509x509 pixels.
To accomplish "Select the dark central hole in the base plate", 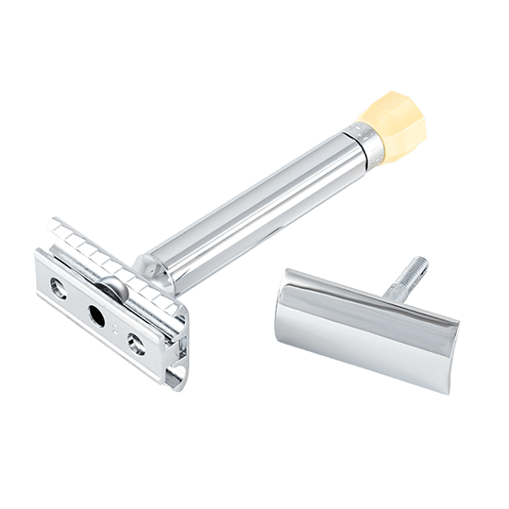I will pyautogui.click(x=94, y=314).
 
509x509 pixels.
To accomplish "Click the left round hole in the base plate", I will pyautogui.click(x=59, y=288).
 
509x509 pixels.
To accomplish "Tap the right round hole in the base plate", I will pyautogui.click(x=136, y=343).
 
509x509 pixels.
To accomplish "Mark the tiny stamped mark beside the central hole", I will pyautogui.click(x=116, y=329).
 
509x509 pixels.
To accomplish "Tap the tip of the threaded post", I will pyautogui.click(x=421, y=262).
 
